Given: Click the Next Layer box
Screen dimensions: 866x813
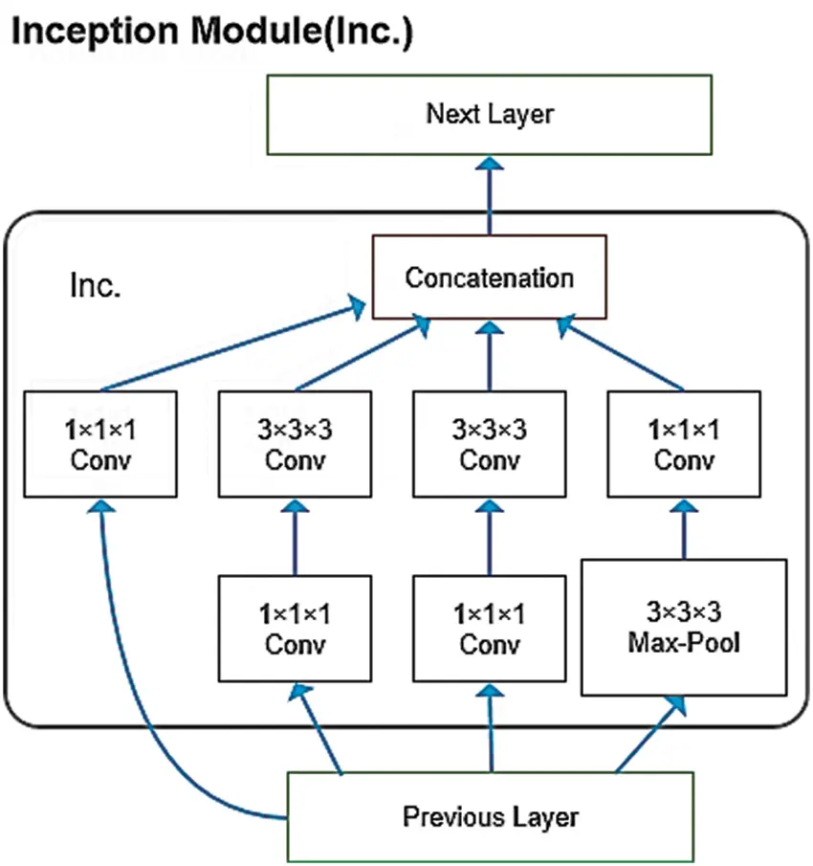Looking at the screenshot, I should coord(489,115).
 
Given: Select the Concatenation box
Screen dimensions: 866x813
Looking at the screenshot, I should coord(489,278).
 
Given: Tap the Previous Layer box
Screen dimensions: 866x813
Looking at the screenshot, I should coord(491,816).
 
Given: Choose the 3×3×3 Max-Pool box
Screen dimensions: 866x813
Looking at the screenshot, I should coord(684,627).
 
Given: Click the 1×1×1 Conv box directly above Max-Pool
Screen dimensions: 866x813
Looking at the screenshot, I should coord(684,443).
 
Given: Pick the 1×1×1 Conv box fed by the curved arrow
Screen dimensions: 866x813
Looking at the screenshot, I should coord(100,443).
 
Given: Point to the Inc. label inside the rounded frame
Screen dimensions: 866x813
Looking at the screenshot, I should coord(96,285).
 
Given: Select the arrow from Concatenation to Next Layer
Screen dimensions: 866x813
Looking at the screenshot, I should coord(490,196).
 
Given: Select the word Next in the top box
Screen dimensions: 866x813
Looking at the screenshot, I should coord(448,115).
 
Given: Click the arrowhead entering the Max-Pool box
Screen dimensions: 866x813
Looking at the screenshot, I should coord(676,703).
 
